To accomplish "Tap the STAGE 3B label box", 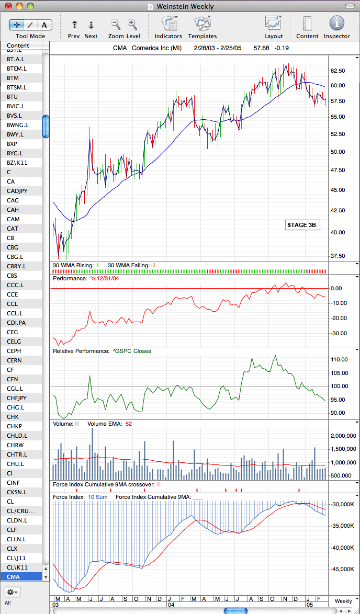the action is click(x=301, y=225).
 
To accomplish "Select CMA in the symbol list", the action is click(x=13, y=576).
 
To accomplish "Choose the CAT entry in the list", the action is click(x=13, y=229).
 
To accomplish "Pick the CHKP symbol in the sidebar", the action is click(x=15, y=426).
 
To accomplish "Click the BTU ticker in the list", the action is click(x=13, y=97).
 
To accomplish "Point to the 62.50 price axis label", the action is click(x=337, y=71).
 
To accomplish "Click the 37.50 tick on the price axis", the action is click(x=337, y=256).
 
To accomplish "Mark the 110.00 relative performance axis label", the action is click(x=339, y=359).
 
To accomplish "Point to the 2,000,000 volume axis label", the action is click(x=343, y=436).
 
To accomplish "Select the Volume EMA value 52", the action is click(x=129, y=424).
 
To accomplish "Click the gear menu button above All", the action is click(x=13, y=592).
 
